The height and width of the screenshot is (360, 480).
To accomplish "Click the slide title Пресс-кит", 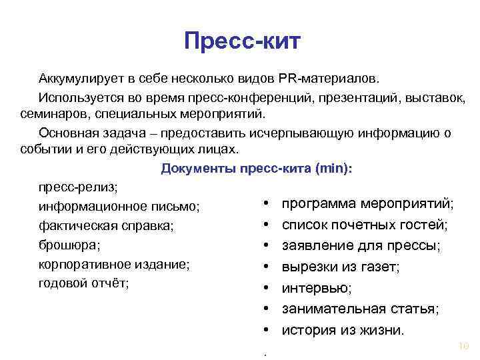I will [x=243, y=42].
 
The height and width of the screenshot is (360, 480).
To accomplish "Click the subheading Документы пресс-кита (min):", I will [x=257, y=169].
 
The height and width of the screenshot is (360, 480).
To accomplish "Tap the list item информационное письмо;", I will [x=121, y=207].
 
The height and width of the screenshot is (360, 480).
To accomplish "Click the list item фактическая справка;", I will [x=107, y=226].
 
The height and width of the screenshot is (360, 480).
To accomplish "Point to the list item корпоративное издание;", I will [x=115, y=264].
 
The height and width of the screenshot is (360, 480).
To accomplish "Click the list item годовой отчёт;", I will [x=84, y=283].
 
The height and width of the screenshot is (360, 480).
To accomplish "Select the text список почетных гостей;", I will [x=365, y=225].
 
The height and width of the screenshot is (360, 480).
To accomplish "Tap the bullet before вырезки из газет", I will [x=266, y=267].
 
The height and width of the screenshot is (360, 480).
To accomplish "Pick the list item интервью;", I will [x=317, y=288].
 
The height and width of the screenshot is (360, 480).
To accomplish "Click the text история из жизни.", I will [x=343, y=329].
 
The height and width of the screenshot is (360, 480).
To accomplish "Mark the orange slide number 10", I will [x=465, y=345].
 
